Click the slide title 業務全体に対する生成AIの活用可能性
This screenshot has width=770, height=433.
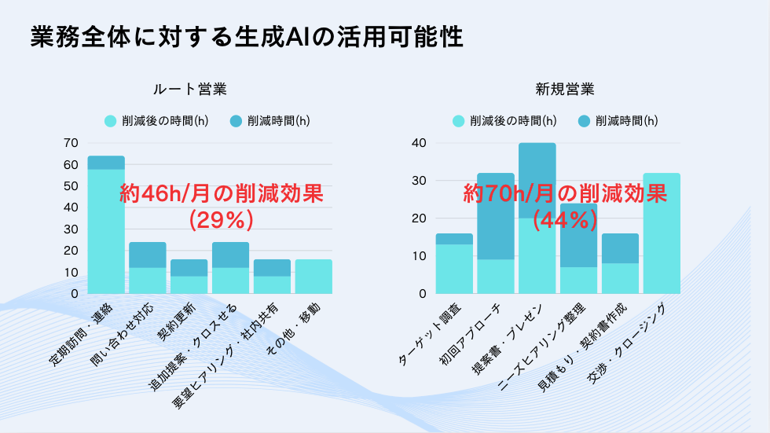pos(246,37)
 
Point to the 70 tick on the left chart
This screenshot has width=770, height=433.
pos(71,143)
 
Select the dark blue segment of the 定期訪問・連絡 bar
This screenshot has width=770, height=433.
pos(106,162)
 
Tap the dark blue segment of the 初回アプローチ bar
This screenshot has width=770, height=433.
pos(495,216)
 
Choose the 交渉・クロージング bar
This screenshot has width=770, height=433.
pos(662,233)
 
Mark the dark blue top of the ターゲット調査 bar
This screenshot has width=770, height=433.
pos(454,238)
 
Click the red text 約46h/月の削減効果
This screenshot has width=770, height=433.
pos(221,194)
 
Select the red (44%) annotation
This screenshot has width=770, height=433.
pos(564,220)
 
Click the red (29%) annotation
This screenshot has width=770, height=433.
pos(221,221)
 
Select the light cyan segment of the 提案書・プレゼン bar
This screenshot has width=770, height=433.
pos(537,255)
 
